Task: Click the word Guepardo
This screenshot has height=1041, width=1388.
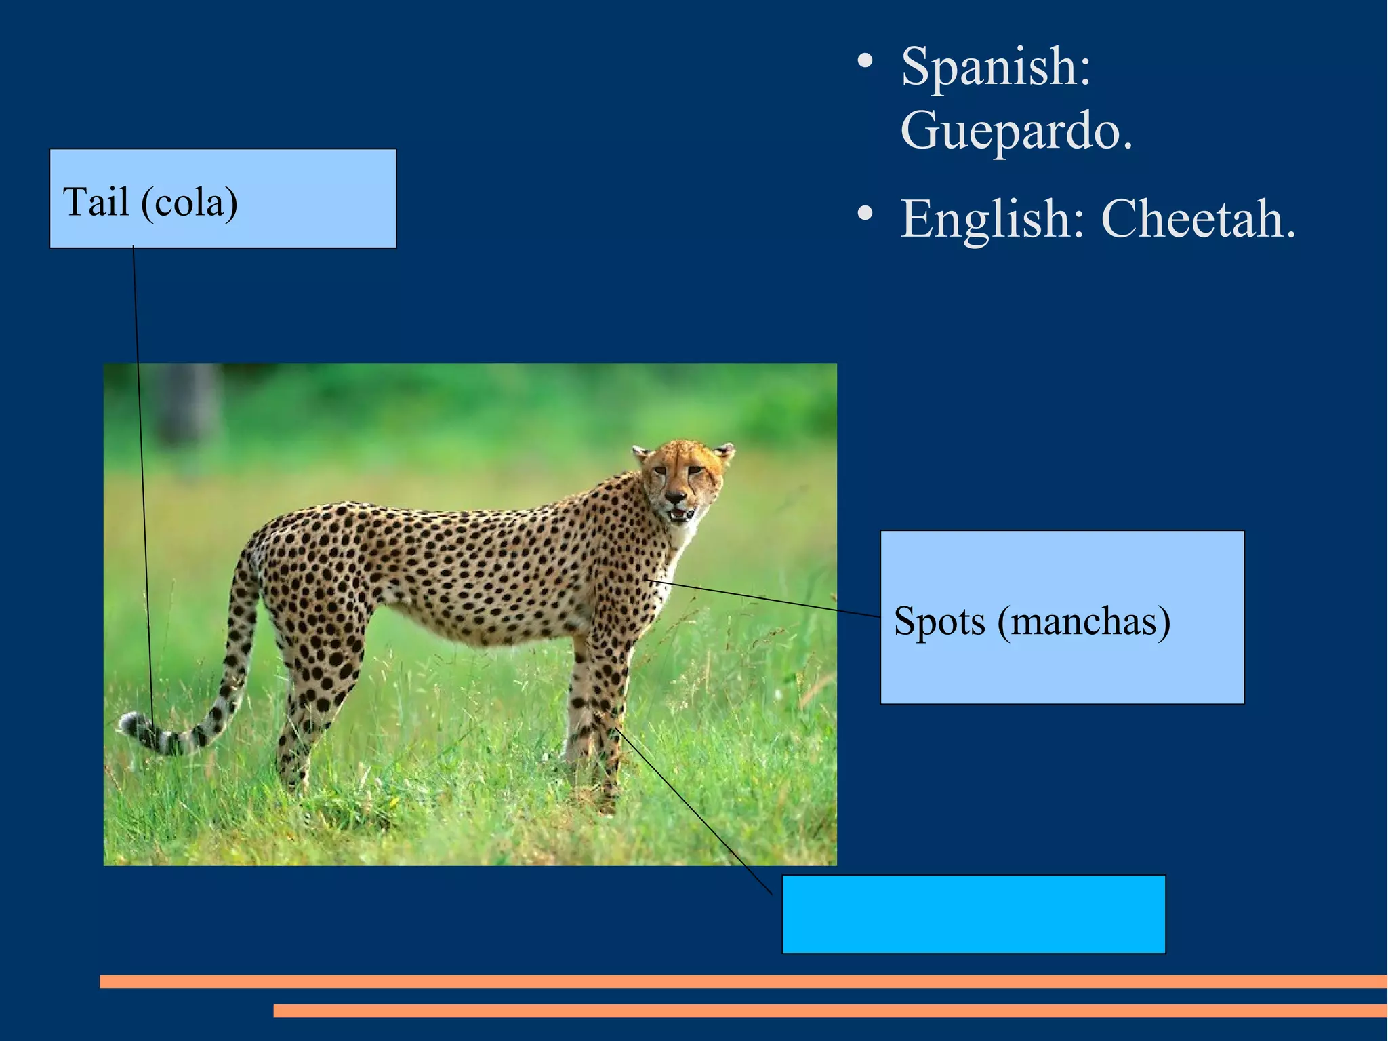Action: (1016, 131)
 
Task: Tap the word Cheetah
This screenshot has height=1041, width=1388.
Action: (1198, 219)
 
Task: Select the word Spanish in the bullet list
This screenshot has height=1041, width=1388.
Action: (996, 66)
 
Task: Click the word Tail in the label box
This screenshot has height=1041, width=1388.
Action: (96, 202)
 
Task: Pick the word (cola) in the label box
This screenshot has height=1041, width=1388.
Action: (189, 203)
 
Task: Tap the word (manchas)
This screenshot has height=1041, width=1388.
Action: (1083, 621)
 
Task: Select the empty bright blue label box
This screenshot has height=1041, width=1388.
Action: (973, 914)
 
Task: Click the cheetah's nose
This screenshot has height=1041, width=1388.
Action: (676, 497)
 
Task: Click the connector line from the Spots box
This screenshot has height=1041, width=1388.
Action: (766, 599)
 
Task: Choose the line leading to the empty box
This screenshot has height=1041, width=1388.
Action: (698, 814)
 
